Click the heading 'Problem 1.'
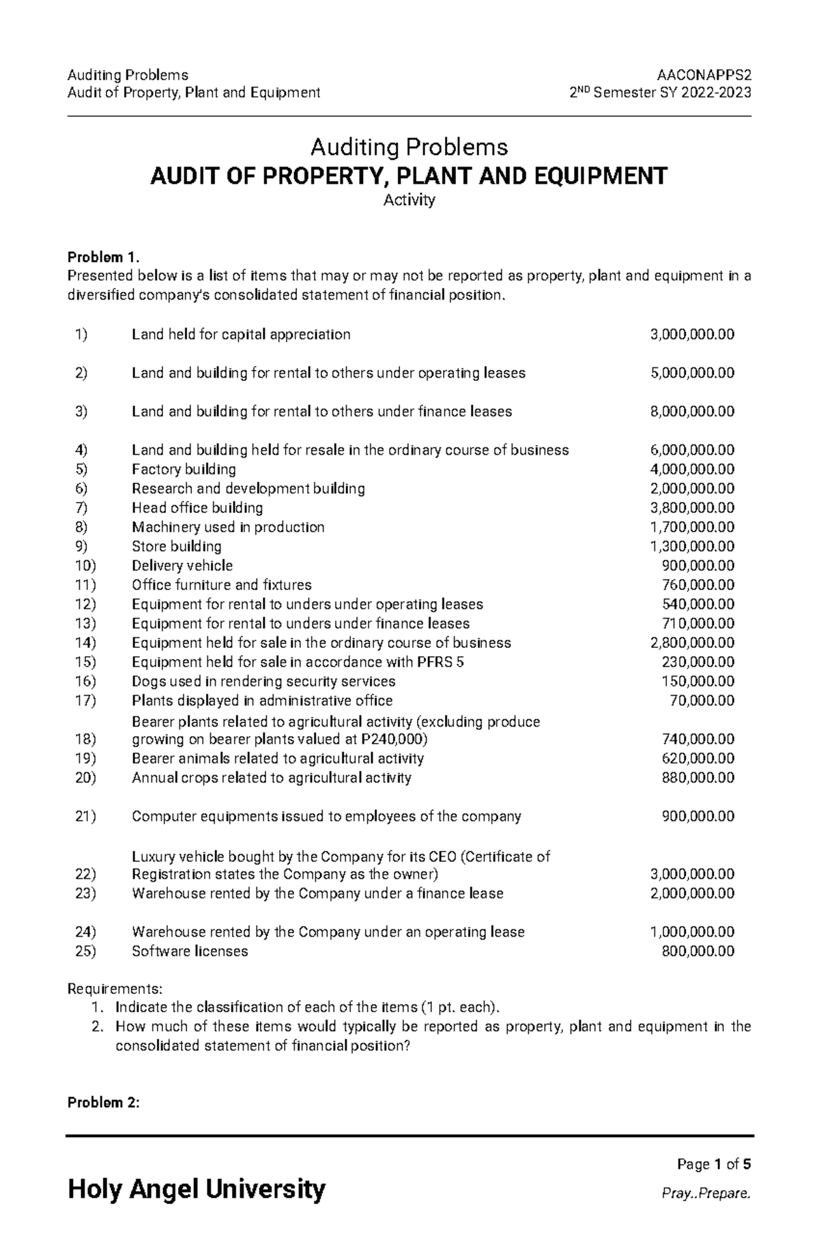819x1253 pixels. [x=103, y=257]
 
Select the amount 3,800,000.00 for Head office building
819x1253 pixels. [x=693, y=508]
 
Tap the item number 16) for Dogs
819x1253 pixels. [x=85, y=681]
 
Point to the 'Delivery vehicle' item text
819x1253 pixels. [x=182, y=566]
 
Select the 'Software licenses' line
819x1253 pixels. [x=190, y=951]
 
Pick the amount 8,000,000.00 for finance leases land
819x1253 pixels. [x=693, y=412]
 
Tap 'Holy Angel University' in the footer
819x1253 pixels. [x=197, y=1190]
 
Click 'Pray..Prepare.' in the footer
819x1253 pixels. [x=706, y=1194]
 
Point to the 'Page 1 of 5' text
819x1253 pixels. [x=713, y=1164]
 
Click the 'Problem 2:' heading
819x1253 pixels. [x=102, y=1103]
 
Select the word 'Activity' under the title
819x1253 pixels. [x=409, y=200]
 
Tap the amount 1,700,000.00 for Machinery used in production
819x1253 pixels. [x=693, y=527]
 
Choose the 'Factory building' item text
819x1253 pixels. [x=184, y=470]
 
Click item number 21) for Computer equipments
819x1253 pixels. [x=85, y=817]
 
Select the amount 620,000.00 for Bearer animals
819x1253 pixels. [x=698, y=759]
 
